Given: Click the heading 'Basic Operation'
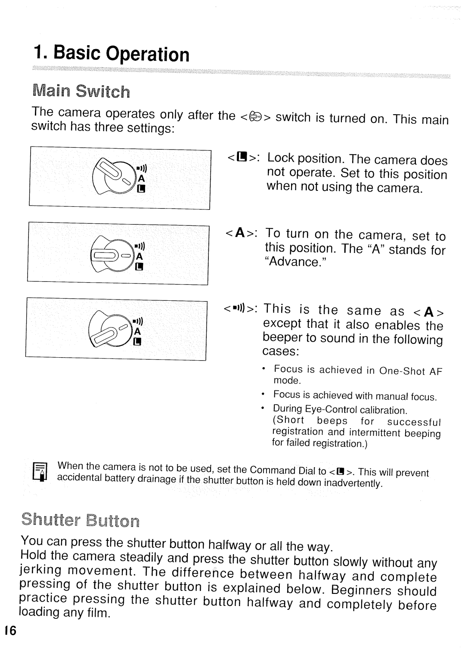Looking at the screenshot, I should tap(111, 54).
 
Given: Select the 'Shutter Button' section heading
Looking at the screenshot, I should tap(80, 521).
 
